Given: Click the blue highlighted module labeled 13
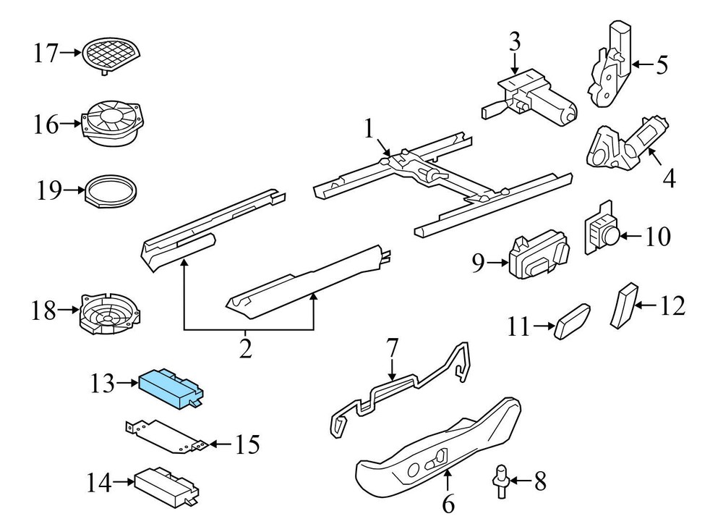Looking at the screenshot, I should (171, 384).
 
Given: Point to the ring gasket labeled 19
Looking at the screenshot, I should (111, 191).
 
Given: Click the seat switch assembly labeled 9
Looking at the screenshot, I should (539, 257).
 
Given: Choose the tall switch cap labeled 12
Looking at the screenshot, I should (623, 306).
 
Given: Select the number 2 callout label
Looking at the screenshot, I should (246, 350).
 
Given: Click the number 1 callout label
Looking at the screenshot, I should (369, 130).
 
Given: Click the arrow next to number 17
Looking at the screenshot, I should (71, 52).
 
